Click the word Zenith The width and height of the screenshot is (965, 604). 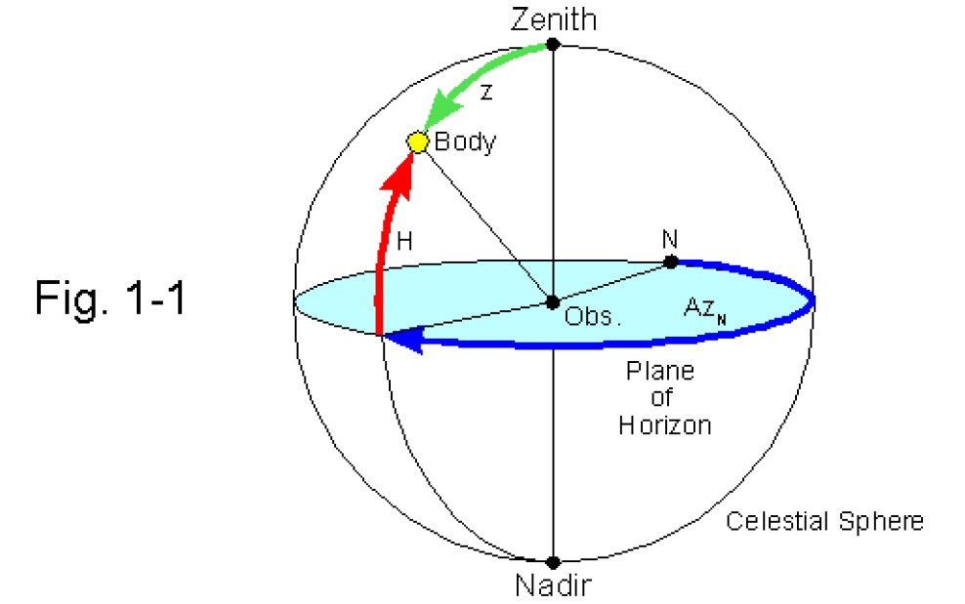[x=553, y=20]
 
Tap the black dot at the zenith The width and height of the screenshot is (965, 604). [x=553, y=44]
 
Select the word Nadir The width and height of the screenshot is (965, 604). [x=553, y=586]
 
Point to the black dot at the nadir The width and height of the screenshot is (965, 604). [x=553, y=562]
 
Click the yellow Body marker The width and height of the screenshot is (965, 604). [x=418, y=142]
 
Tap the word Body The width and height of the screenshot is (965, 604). [x=465, y=142]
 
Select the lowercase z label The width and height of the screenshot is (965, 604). [x=486, y=91]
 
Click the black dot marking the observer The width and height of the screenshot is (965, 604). [x=553, y=302]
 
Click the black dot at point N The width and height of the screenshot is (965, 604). [x=671, y=262]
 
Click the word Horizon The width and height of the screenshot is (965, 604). [x=664, y=424]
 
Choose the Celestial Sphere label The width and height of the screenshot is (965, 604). [x=823, y=521]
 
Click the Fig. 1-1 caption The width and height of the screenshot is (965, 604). [x=109, y=296]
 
